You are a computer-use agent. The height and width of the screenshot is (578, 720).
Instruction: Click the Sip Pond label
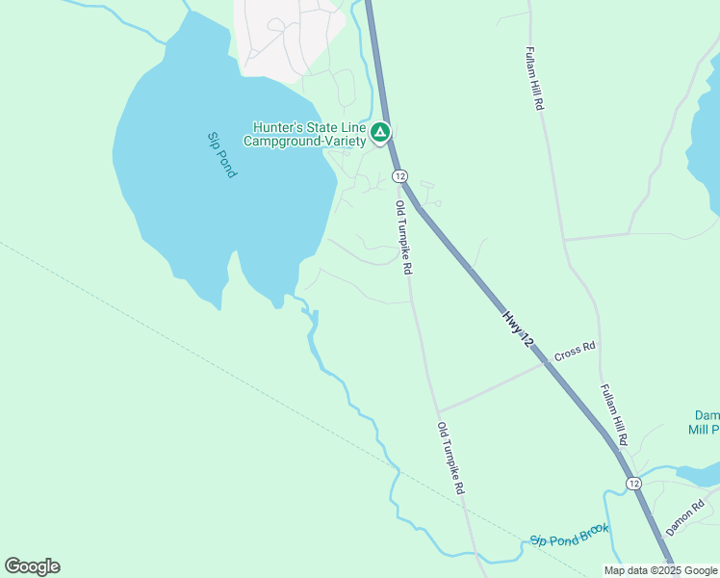coord(222,154)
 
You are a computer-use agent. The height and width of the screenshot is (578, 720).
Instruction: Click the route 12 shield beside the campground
coord(399,175)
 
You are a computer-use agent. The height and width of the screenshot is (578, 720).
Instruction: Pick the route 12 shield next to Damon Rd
coord(632,483)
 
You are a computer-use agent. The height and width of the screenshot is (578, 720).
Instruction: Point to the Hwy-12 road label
coord(516,328)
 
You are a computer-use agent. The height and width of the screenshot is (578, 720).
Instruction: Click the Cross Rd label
coord(575,351)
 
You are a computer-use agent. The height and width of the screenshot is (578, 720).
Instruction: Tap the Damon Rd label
coord(685,514)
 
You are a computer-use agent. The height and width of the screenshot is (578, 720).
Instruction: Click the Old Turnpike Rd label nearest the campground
coord(404,237)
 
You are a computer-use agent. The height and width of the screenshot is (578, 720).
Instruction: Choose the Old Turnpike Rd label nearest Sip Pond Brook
coord(450,459)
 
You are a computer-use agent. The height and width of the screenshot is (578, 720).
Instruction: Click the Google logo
coord(32,566)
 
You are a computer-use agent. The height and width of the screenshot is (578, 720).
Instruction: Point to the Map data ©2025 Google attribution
coord(660,570)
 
